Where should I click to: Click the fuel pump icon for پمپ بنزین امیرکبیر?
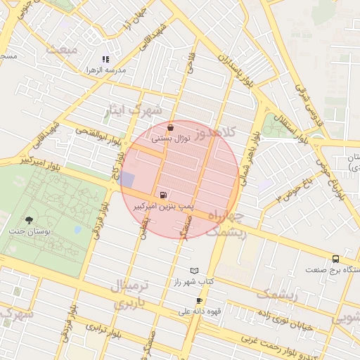[164, 195]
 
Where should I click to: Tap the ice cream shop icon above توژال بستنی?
[171, 128]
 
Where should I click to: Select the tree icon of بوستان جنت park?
[28, 220]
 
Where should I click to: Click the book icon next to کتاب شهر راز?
[195, 270]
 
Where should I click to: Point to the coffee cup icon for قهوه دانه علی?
[200, 300]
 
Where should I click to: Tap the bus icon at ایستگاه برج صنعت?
[335, 258]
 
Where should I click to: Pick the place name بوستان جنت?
[28, 231]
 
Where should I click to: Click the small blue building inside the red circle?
[127, 179]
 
